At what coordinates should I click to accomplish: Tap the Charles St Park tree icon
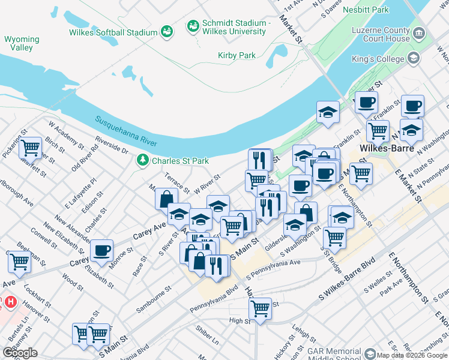pyautogui.click(x=143, y=160)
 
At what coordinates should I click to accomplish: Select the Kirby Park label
pyautogui.click(x=237, y=55)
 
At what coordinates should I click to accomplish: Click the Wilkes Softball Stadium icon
pyautogui.click(x=167, y=31)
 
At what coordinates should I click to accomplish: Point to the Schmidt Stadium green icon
pyautogui.click(x=193, y=26)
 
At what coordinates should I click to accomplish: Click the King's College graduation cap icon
pyautogui.click(x=413, y=58)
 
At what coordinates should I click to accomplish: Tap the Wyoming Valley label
pyautogui.click(x=22, y=43)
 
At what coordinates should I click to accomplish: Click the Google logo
pyautogui.click(x=20, y=353)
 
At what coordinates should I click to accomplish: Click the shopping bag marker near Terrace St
pyautogui.click(x=166, y=198)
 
